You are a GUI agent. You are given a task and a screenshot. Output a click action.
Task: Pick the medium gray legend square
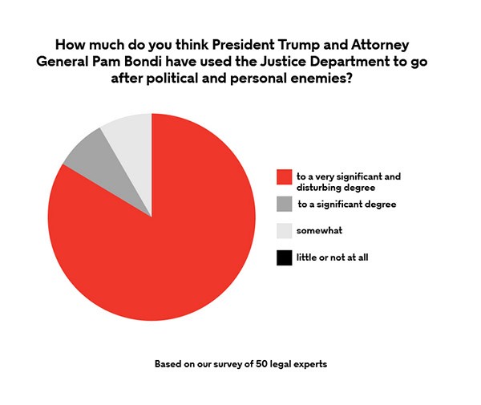coord(283,204)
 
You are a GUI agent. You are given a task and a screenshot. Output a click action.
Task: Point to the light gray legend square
coord(283,231)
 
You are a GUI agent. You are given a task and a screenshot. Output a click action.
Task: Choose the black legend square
coord(283,257)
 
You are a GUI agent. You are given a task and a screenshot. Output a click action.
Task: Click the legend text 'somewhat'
coord(319,231)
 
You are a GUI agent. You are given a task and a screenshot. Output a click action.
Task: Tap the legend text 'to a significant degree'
coord(346,204)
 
